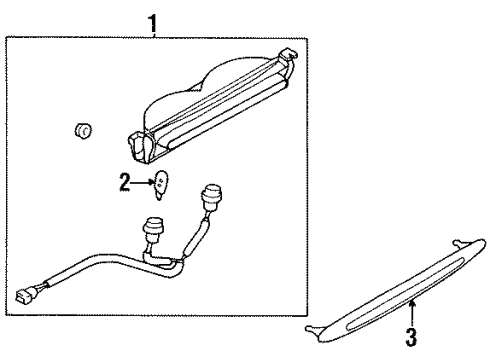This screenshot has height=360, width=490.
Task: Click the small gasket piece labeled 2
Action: [x=160, y=183]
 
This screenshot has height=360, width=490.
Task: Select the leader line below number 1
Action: [x=153, y=33]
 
